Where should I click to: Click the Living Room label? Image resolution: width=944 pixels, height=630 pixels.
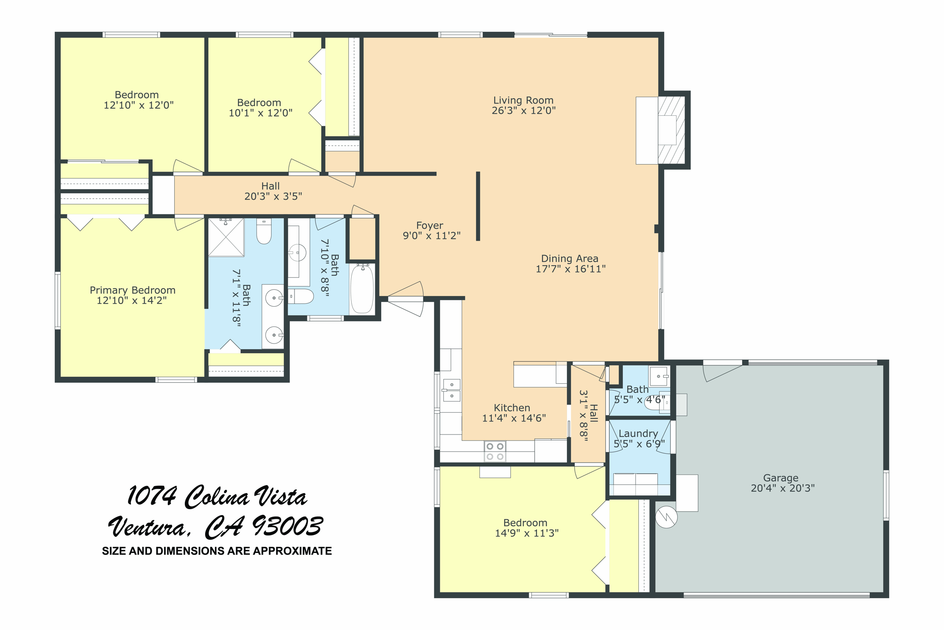point(523,101)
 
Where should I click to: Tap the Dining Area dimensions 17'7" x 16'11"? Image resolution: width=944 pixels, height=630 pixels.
point(570,269)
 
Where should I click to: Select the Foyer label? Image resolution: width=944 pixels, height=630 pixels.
point(430,226)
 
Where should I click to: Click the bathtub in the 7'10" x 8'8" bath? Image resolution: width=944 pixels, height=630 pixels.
point(362,289)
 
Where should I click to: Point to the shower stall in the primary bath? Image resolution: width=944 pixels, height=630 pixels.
point(225,237)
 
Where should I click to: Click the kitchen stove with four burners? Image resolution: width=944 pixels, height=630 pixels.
point(495,451)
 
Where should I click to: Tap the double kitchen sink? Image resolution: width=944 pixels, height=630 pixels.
point(451,390)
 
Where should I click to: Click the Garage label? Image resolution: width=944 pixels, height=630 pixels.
point(780,478)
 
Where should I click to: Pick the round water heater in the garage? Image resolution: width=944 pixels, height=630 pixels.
point(666,517)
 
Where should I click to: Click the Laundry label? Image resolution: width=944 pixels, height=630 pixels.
point(638,434)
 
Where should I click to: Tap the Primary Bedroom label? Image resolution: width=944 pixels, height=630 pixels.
point(132,290)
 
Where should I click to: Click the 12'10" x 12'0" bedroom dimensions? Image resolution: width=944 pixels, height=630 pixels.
point(138,105)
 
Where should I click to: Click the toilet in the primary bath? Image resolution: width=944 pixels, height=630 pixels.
point(264,232)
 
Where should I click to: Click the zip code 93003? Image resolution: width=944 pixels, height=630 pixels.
point(287,526)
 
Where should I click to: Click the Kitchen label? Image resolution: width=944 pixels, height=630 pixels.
point(512,408)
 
